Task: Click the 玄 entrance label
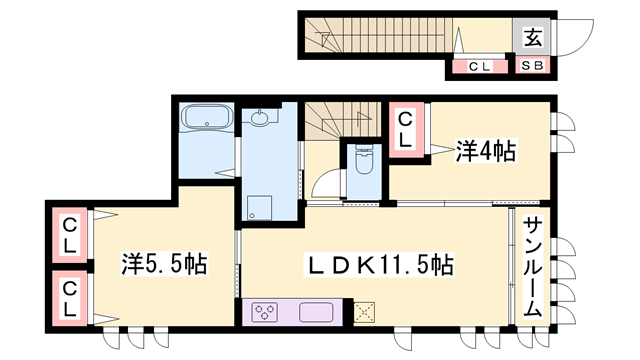[x=533, y=39]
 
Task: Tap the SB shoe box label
[x=533, y=67]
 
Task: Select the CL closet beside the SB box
[x=479, y=67]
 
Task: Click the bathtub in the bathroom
[x=207, y=120]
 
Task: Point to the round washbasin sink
[x=262, y=119]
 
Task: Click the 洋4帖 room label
[x=486, y=152]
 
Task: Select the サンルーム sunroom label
[x=533, y=267]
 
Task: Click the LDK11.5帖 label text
[x=381, y=265]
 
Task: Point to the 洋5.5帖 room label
[x=166, y=265]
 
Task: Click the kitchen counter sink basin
[x=316, y=311]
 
